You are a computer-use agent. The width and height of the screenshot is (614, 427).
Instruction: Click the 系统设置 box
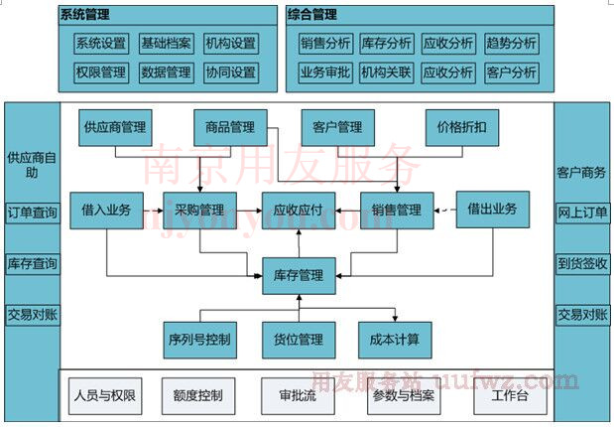[101, 44]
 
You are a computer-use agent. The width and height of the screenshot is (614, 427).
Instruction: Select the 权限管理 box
[101, 72]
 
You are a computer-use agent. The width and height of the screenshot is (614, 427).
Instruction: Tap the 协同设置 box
[231, 72]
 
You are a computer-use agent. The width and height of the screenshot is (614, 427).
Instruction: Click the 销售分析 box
[325, 44]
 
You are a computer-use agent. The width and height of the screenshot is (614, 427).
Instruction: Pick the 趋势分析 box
[512, 44]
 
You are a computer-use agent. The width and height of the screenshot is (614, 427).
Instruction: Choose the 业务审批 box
[325, 72]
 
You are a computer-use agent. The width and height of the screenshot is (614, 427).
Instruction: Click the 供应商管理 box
[115, 128]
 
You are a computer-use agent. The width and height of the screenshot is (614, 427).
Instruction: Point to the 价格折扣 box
[461, 128]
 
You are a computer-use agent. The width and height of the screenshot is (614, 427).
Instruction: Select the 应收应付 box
[299, 210]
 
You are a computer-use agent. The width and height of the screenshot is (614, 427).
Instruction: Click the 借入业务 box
[106, 210]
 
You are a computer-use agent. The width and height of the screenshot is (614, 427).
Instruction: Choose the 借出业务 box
[492, 210]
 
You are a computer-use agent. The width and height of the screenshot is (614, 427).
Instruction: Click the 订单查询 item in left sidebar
[32, 213]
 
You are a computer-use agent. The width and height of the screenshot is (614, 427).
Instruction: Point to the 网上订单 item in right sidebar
[582, 213]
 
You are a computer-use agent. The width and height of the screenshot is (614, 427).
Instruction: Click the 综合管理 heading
[312, 15]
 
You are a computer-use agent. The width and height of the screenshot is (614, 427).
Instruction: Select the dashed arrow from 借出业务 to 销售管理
[444, 210]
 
